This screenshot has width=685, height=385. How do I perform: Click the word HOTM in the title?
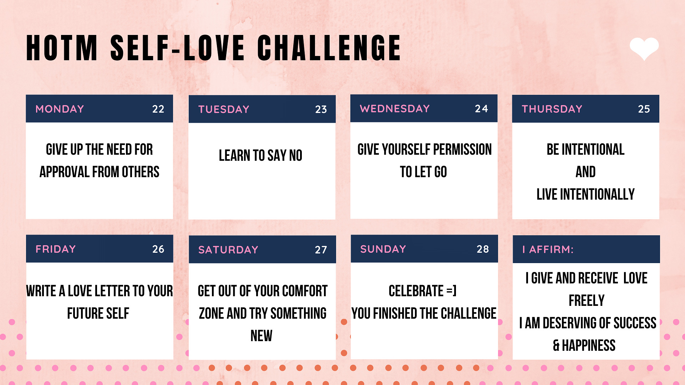pos(62,48)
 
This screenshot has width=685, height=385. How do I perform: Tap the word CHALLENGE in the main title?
pos(329,48)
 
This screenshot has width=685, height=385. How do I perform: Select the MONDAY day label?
pos(60,109)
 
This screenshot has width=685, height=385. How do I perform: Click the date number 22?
pos(158,109)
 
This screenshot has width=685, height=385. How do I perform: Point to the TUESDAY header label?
pos(224,109)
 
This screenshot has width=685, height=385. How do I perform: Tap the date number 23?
pos(321,109)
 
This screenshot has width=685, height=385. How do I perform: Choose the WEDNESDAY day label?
pos(395,109)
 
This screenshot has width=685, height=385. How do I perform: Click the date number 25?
pos(644,109)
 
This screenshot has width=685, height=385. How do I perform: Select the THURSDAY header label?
pos(552,109)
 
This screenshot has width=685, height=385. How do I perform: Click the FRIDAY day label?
pos(56,249)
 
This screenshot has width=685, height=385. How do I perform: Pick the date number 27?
pos(321,250)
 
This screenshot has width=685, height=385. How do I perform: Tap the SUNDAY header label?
pos(383,249)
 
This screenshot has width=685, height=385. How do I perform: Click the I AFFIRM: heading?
pos(548,250)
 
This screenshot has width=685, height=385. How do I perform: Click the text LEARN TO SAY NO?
pos(260,155)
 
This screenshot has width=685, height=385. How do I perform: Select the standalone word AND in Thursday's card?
pos(585,172)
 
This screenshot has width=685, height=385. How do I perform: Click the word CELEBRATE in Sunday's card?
pos(416,291)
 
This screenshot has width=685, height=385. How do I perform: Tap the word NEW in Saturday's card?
pos(262,336)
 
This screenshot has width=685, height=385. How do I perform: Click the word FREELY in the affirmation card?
pos(587,301)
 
